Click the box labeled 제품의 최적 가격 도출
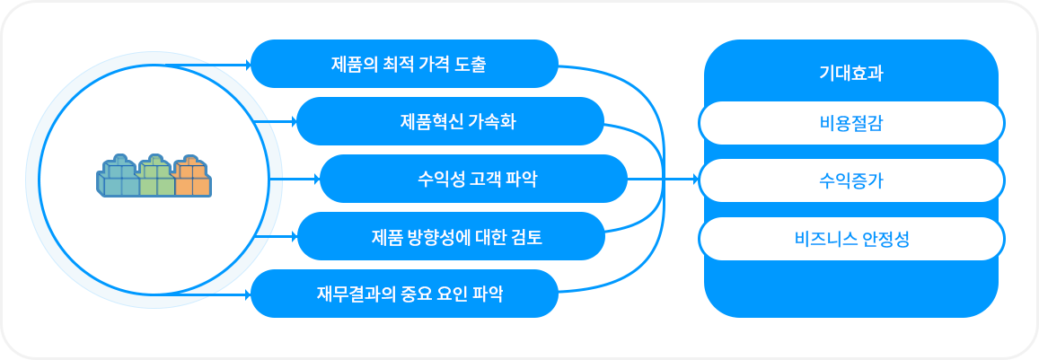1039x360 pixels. pyautogui.click(x=404, y=64)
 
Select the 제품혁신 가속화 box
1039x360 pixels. pyautogui.click(x=450, y=121)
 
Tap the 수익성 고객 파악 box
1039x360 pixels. pyautogui.click(x=474, y=179)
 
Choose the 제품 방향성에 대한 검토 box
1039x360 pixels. pyautogui.click(x=451, y=237)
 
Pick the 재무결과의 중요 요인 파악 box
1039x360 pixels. pyautogui.click(x=404, y=294)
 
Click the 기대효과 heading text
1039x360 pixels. pyautogui.click(x=850, y=74)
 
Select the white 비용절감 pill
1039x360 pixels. pyautogui.click(x=851, y=123)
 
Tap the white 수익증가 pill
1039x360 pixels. pyautogui.click(x=851, y=180)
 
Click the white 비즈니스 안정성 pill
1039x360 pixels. pyautogui.click(x=851, y=239)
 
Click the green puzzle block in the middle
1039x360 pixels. pyautogui.click(x=156, y=176)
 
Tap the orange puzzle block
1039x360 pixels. pyautogui.click(x=193, y=176)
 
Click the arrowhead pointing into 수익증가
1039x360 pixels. pyautogui.click(x=695, y=179)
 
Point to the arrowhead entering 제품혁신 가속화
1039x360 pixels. pyautogui.click(x=293, y=121)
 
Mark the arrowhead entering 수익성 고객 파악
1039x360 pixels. pyautogui.click(x=317, y=179)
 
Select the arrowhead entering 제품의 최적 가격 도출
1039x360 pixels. pyautogui.click(x=248, y=65)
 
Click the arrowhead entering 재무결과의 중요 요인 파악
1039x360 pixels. pyautogui.click(x=248, y=294)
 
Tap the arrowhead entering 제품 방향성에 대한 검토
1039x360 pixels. pyautogui.click(x=294, y=237)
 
